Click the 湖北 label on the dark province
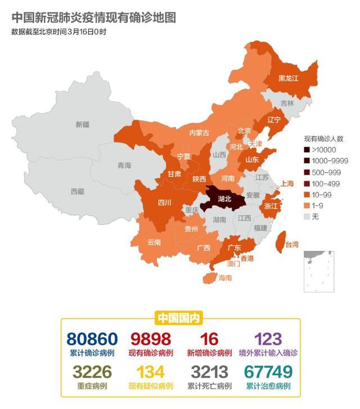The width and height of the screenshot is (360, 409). point(224,199)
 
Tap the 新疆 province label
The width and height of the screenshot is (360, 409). point(83,124)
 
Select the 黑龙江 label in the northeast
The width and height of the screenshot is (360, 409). point(288,79)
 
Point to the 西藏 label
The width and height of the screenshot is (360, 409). point(78,191)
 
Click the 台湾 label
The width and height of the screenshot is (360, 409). point(292,245)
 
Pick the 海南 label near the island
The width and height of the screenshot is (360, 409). point(225,277)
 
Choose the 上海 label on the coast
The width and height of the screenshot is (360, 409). point(287,183)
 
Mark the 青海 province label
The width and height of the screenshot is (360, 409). point(124,165)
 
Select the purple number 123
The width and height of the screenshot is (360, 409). point(268,339)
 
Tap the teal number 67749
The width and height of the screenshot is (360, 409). point(268,372)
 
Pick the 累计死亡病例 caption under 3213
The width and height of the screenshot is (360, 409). point(209,386)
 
